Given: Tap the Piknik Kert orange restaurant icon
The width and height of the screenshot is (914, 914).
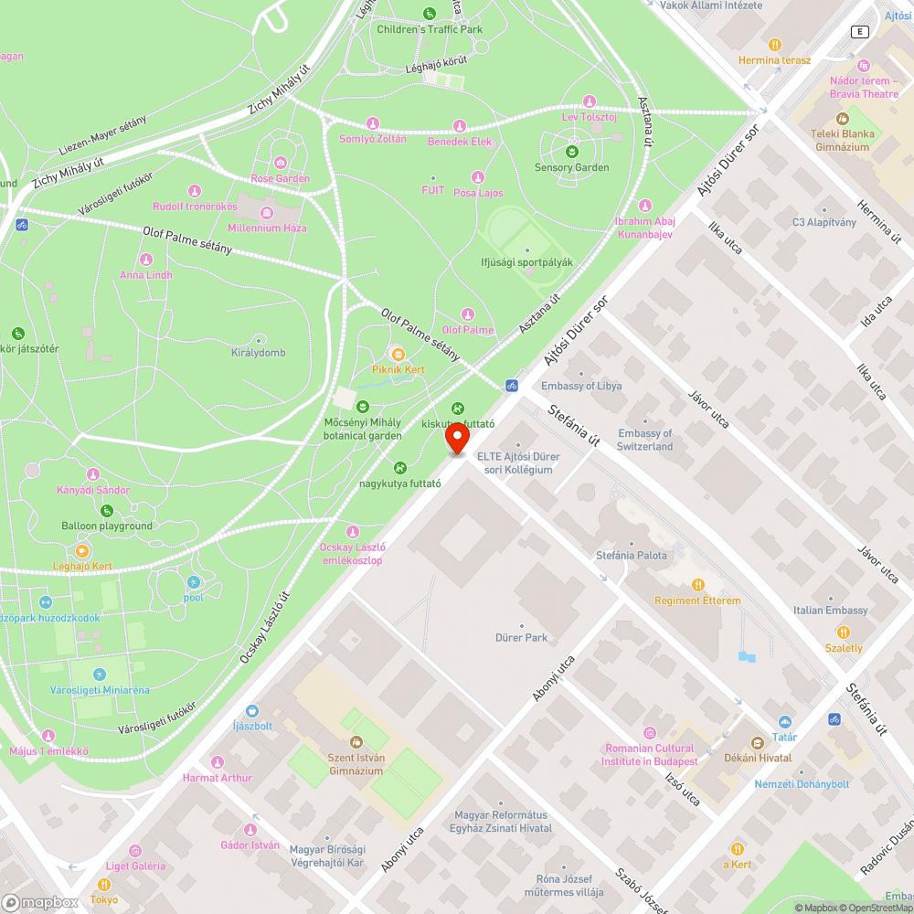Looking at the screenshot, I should [x=398, y=354].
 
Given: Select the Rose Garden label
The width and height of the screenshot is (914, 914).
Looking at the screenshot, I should [x=280, y=178].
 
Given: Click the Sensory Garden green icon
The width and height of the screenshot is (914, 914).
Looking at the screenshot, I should [x=572, y=152].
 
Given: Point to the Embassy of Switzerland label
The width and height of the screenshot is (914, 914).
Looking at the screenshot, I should [x=645, y=440].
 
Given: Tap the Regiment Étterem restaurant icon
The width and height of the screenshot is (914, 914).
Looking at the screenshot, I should [x=698, y=585].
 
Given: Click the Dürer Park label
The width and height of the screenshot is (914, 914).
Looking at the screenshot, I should [x=522, y=637].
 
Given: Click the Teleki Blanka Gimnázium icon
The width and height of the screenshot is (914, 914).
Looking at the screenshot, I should [x=843, y=118].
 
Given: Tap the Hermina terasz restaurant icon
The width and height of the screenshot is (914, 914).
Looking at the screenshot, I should [x=775, y=44].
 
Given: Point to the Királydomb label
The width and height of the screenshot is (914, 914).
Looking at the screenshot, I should [x=258, y=353].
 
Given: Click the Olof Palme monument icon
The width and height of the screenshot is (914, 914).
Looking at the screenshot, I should [x=468, y=314].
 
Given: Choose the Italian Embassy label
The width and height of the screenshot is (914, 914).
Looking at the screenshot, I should [x=830, y=611].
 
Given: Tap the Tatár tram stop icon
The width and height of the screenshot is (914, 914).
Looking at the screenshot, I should [x=784, y=722].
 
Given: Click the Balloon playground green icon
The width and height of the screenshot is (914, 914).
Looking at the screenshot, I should [x=107, y=510].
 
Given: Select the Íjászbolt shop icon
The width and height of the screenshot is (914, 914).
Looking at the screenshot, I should [x=252, y=710].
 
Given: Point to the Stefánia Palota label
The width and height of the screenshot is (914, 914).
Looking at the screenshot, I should [x=631, y=555].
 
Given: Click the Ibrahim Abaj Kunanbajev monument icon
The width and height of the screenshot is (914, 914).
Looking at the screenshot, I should [x=645, y=206].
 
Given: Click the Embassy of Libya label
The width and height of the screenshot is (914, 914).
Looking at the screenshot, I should [x=581, y=386].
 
